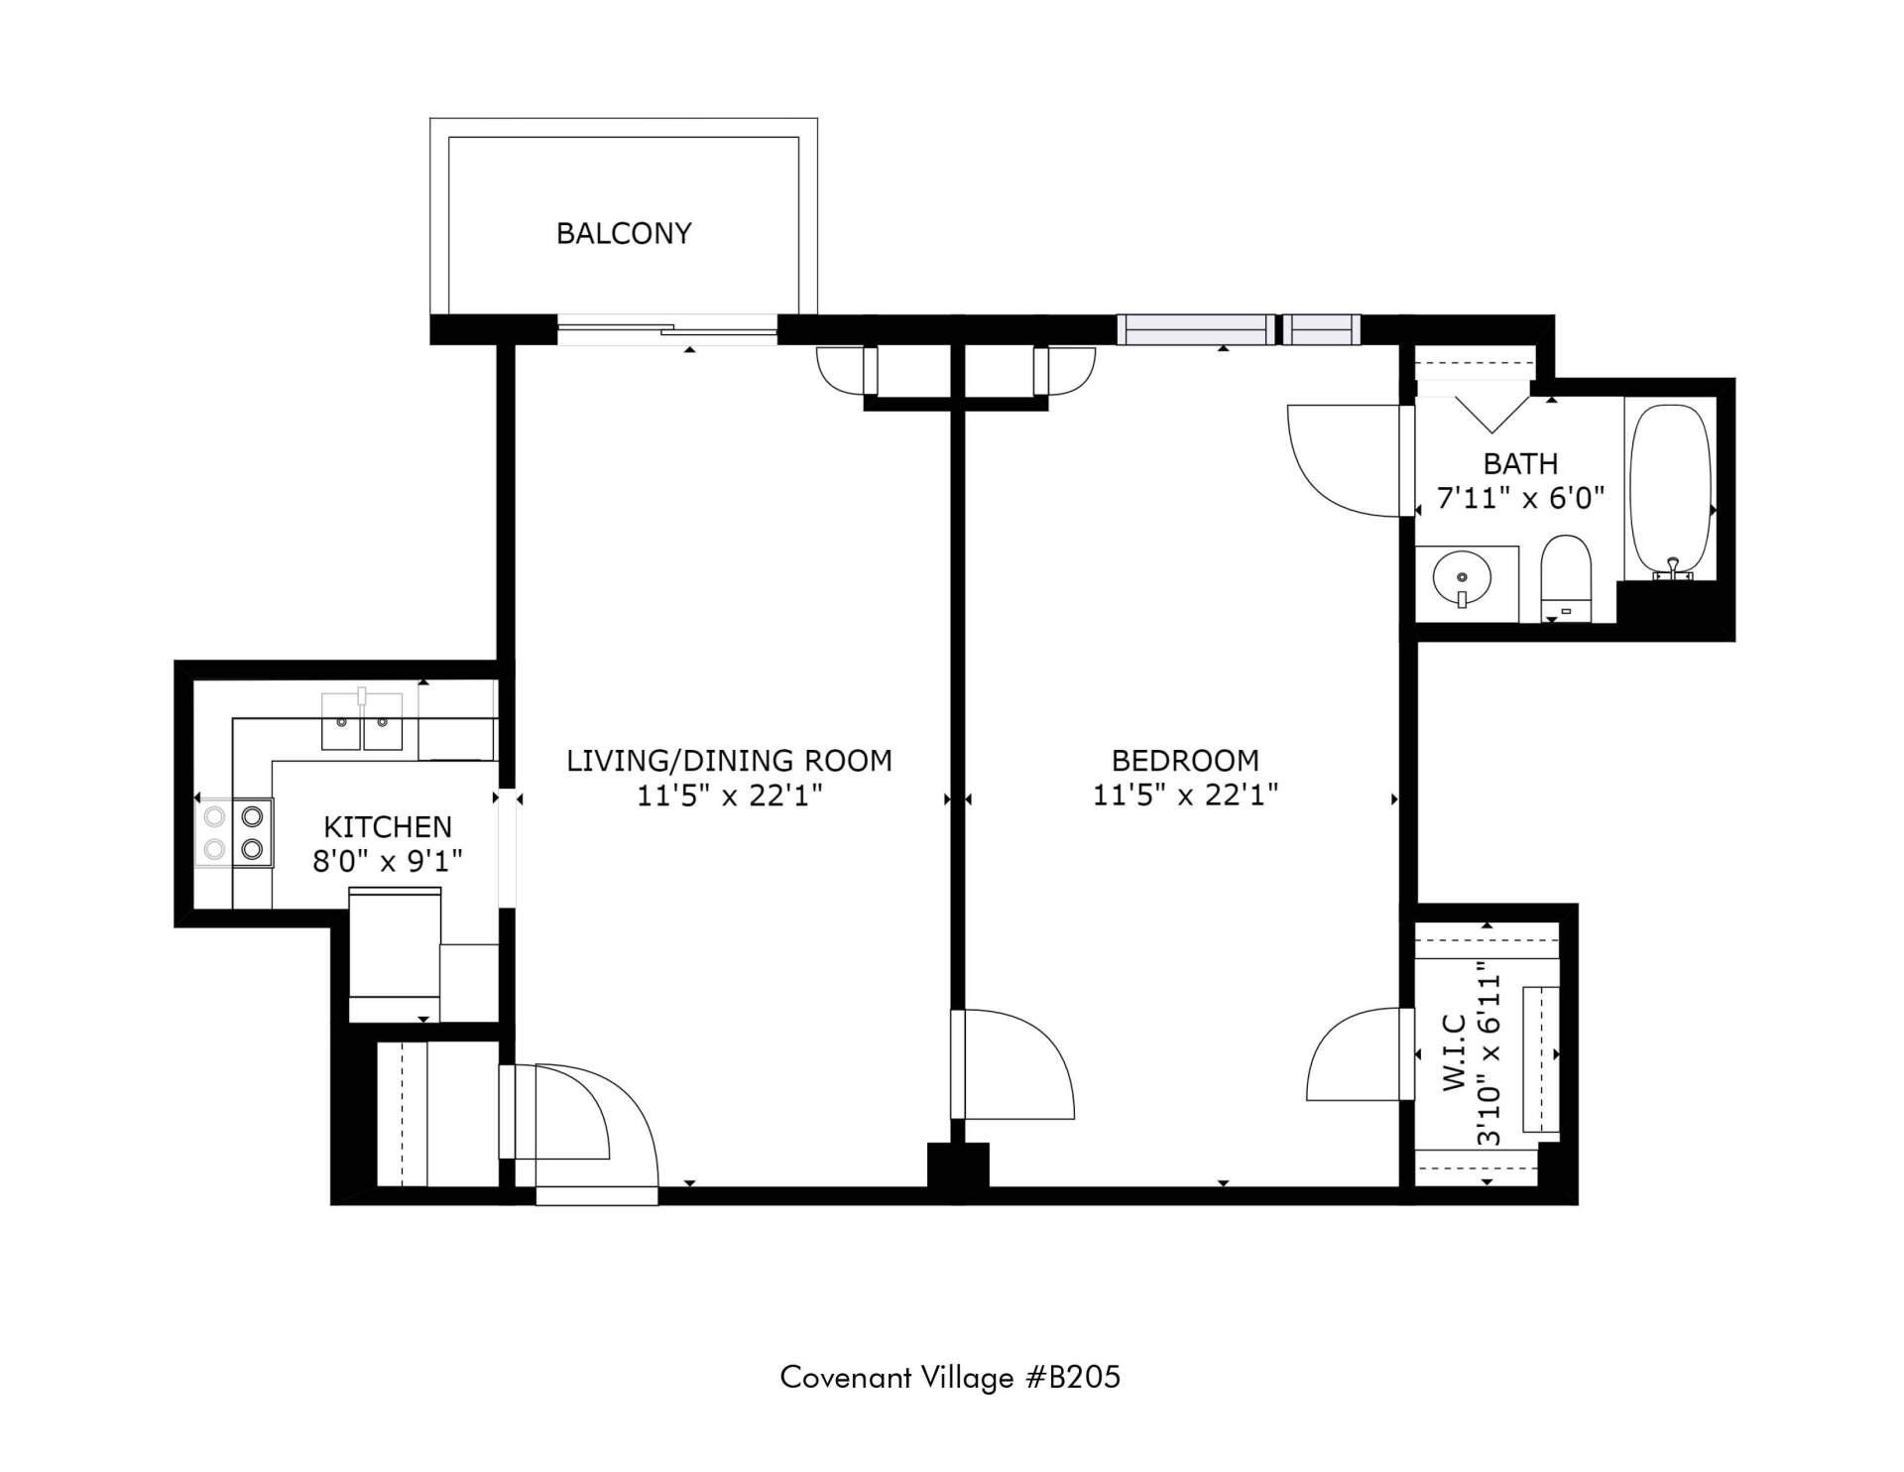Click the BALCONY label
point(624,233)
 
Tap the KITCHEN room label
point(388,826)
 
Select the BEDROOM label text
point(1185,761)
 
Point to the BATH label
point(1520,463)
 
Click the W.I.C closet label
point(1455,1051)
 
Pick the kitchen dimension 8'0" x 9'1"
point(388,861)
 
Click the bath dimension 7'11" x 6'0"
point(1520,498)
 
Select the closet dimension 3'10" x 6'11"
point(1489,1053)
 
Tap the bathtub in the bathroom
point(1671,491)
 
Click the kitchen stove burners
point(234,832)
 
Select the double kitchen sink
point(362,721)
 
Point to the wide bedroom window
point(1196,329)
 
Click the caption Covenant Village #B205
point(950,1378)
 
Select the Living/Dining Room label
point(729,761)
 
